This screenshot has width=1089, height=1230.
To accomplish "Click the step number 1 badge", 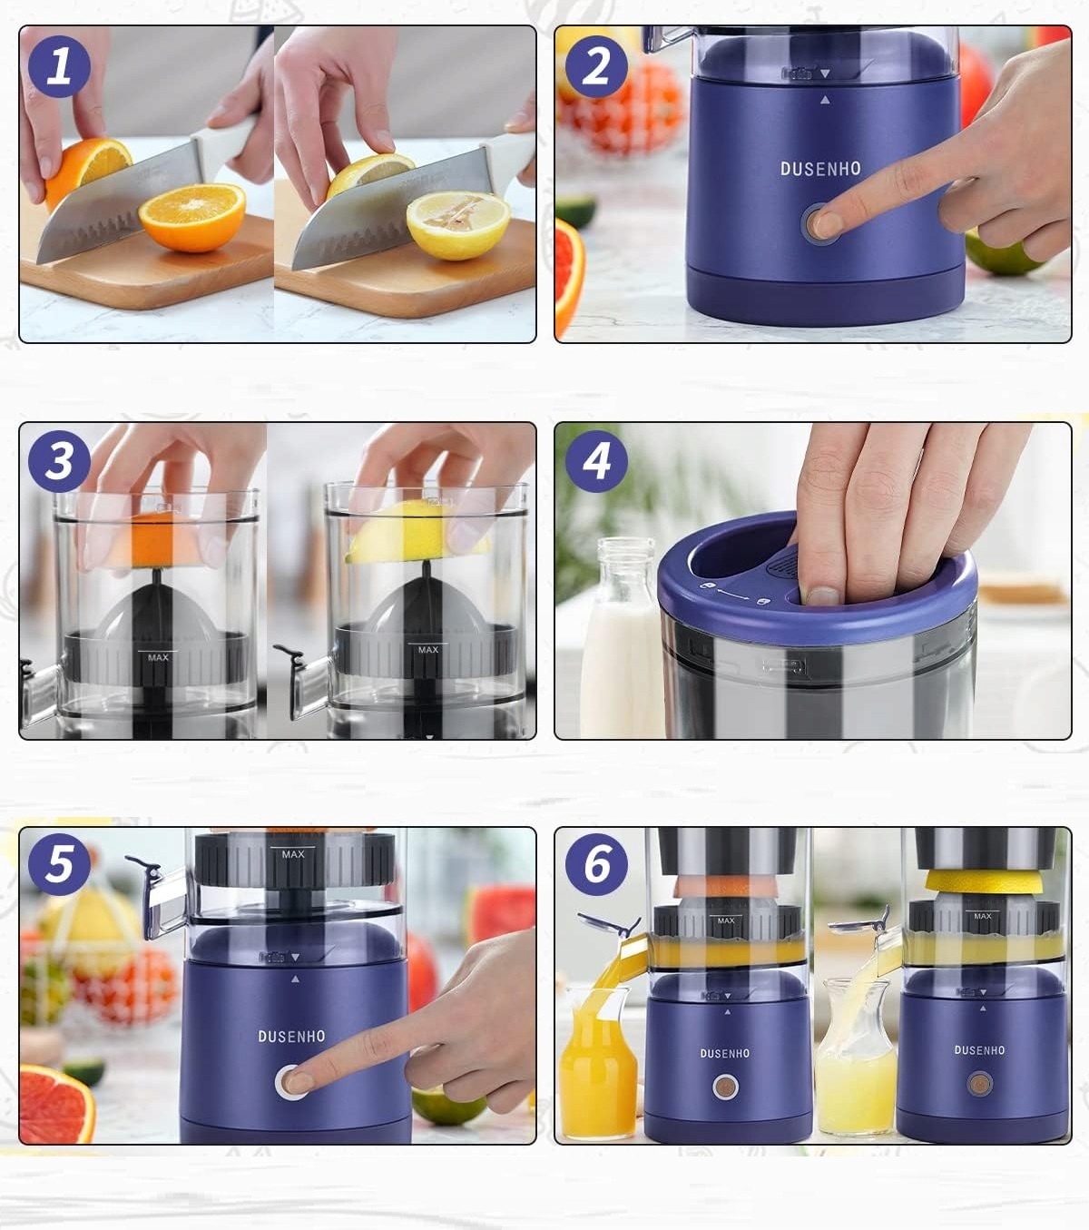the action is pos(59,66).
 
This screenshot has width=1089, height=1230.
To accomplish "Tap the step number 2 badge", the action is pos(596,66).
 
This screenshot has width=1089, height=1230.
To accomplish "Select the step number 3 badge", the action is pos(59,461).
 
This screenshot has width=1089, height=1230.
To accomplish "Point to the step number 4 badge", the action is pos(596,461).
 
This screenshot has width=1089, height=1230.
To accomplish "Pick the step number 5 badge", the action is pos(59,864).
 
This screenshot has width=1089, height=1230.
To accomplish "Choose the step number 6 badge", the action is pos(596,864).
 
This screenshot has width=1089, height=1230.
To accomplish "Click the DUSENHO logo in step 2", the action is pos(820,169).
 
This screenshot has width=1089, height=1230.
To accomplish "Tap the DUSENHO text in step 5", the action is pos(291,1037).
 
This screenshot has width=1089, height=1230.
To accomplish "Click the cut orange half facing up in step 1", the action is pos(192,217).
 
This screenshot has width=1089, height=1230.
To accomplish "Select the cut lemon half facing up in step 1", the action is pos(458,224).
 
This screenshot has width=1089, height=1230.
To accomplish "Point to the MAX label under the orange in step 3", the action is pos(158,657).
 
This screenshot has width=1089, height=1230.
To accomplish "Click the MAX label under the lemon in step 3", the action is pos(428,650).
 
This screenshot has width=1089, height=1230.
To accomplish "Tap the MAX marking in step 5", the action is pos(292,854).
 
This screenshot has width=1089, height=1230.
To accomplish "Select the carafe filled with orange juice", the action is pos(598,1061).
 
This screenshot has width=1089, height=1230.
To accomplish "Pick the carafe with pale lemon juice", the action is pos(856,1057).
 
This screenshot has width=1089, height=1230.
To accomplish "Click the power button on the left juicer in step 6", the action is pos(725,1086).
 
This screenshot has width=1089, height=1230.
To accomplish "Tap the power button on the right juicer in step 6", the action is pos(979,1083).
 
